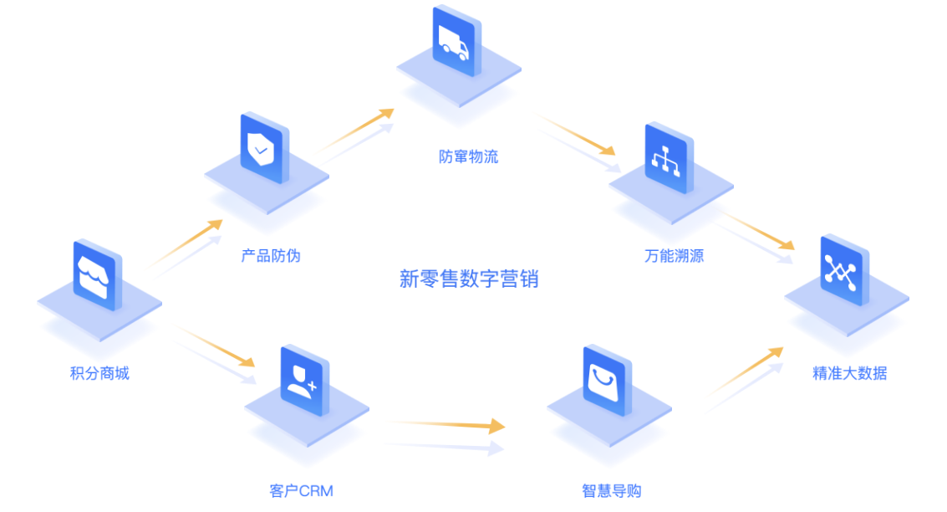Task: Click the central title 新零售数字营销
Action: coord(469,279)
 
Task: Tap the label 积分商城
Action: coord(99,373)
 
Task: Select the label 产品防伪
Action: coord(271,255)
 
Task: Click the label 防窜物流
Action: coord(468,156)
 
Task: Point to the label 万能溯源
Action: coord(674,255)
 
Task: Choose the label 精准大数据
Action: coord(849,373)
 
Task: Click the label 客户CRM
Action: coord(301,490)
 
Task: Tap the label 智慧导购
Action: coord(611,490)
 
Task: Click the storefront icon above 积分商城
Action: coord(99,275)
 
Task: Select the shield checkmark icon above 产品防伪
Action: coord(262,149)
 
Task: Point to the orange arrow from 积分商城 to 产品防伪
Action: coord(189,242)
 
